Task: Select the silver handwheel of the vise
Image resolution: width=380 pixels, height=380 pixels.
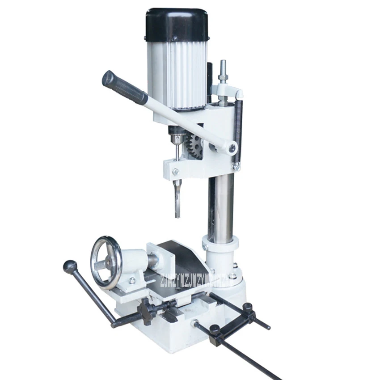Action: pyautogui.click(x=106, y=262)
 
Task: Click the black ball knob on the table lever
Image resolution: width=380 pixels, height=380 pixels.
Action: pyautogui.click(x=70, y=267)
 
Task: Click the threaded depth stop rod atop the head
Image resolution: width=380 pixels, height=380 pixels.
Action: pyautogui.click(x=222, y=72)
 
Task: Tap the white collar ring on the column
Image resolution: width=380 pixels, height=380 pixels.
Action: pyautogui.click(x=220, y=244)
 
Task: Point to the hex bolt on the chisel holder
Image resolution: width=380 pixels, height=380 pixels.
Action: pyautogui.click(x=175, y=171)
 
